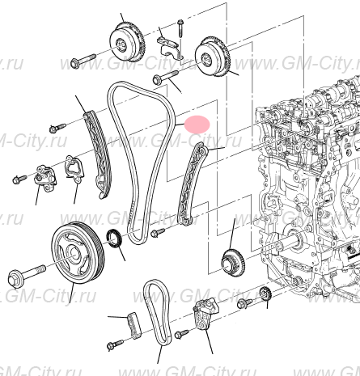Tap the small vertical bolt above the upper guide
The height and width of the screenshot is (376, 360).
[x=180, y=30]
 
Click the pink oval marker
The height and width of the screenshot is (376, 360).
[x=197, y=124]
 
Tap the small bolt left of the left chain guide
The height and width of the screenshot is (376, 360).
[x=57, y=127]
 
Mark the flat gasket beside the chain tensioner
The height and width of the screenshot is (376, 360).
[x=74, y=167]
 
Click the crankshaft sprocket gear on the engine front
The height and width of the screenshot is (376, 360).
[x=232, y=262]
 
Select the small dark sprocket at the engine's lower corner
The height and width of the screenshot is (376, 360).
[x=264, y=294]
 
